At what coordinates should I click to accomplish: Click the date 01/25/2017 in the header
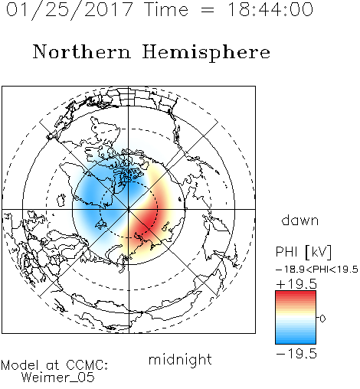tap(70, 10)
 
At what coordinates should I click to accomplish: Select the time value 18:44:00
tap(270, 9)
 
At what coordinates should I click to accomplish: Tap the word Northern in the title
tap(82, 51)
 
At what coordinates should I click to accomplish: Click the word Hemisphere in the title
tap(206, 53)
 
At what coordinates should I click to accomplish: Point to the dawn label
tap(300, 220)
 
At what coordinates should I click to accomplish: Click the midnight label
tap(180, 360)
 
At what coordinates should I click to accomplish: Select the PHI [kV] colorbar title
tap(303, 252)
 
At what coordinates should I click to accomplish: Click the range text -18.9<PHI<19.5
tap(317, 270)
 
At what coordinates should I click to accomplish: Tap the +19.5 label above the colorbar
tap(296, 284)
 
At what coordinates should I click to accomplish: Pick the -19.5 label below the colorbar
tap(296, 354)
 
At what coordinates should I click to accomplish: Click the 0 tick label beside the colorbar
tap(322, 319)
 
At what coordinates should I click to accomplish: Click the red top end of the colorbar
tap(296, 293)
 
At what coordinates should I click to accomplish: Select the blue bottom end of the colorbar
tap(296, 342)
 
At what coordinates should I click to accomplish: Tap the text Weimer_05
tap(58, 377)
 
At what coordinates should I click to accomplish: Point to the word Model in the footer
tap(20, 365)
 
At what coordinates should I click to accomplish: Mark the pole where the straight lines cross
tap(129, 209)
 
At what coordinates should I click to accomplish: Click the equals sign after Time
tap(208, 10)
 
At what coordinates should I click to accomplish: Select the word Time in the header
tap(166, 9)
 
